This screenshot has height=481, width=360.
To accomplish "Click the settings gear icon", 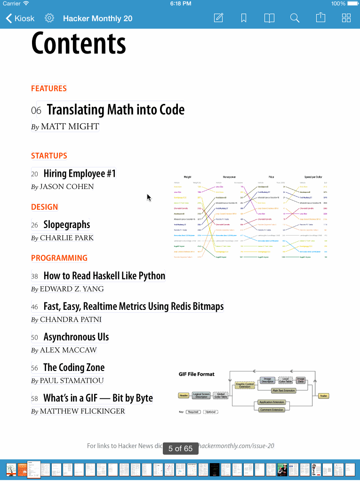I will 49,18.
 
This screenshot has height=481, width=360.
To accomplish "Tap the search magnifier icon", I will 295,18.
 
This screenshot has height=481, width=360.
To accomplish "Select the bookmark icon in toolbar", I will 244,18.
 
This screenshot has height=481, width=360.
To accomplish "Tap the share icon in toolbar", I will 320,18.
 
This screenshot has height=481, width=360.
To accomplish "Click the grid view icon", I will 346,18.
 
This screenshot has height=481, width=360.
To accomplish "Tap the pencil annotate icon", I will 218,18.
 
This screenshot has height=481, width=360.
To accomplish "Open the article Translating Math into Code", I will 115,110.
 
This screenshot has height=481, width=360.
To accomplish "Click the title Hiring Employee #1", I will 79,173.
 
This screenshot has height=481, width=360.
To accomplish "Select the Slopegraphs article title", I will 66,225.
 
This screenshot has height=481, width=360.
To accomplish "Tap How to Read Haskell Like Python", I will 104,276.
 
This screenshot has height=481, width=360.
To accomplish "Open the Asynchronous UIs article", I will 76,337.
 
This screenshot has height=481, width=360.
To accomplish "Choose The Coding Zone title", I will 74,368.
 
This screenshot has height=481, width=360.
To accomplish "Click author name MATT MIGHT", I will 70,126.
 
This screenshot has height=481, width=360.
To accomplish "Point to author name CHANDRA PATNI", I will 71,320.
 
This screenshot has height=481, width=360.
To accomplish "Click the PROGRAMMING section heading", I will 59,258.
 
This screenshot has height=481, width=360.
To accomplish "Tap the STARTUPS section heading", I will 49,156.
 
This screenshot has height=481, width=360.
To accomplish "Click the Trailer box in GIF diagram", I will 323,396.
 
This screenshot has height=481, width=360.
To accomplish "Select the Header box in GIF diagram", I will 184,396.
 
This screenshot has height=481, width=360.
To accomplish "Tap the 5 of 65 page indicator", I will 180,449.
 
